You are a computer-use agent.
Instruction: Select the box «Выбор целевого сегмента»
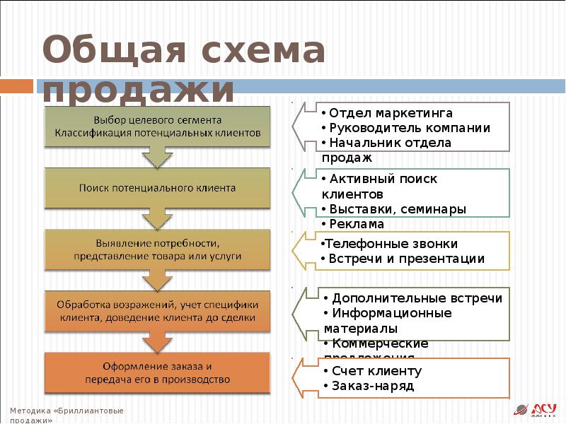(158, 126)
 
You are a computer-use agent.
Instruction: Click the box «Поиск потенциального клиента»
(158, 188)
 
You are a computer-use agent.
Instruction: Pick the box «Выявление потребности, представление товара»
(158, 249)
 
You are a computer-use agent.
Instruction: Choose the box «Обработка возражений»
(158, 312)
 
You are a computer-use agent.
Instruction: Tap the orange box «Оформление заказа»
(158, 373)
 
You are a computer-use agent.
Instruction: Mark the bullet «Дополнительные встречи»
(414, 298)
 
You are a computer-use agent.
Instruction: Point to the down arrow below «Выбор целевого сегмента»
(158, 156)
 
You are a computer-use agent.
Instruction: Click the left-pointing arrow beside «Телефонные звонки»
(302, 250)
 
